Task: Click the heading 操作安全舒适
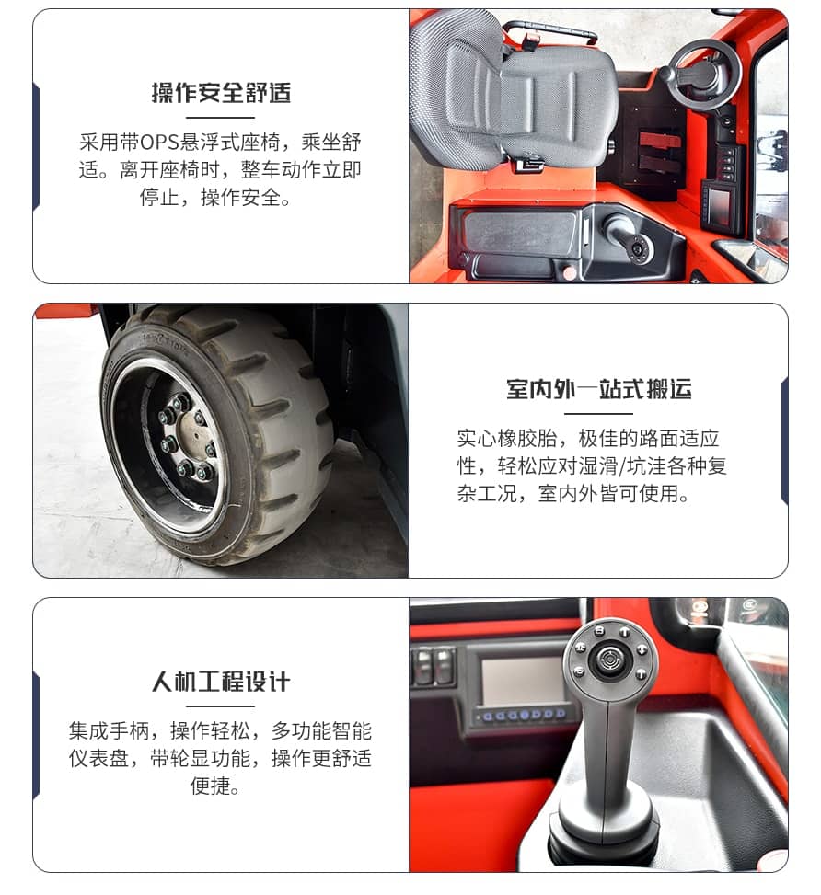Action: click(221, 93)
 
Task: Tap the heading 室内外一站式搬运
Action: click(599, 389)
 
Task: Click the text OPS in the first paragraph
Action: click(160, 143)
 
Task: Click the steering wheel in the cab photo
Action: click(706, 75)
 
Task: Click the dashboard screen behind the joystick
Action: click(521, 681)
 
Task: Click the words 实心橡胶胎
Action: click(507, 439)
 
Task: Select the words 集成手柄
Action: click(110, 731)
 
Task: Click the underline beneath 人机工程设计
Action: click(221, 706)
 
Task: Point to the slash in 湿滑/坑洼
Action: click(621, 466)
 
